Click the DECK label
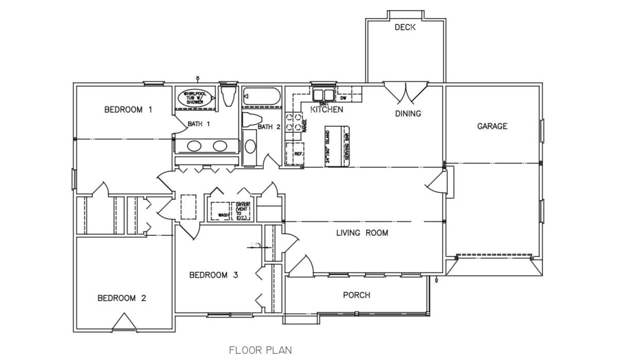pos(405,27)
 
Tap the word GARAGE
pos(492,126)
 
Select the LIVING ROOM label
pos(362,233)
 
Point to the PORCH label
pos(356,295)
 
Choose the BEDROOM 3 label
pos(214,275)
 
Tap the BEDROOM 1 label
pos(128,109)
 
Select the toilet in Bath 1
pos(227,96)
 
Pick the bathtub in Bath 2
pos(262,96)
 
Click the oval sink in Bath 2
pos(250,146)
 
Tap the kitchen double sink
pos(324,95)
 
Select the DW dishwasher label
pos(343,97)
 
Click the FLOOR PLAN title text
pos(260,351)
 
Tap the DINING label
pos(408,114)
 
